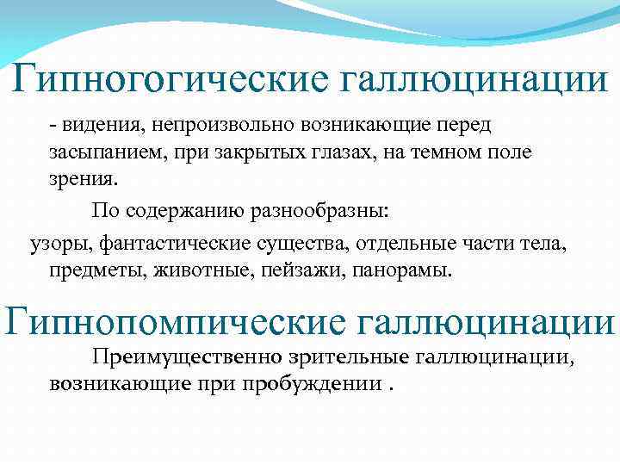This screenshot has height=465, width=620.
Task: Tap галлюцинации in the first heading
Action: point(474,83)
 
